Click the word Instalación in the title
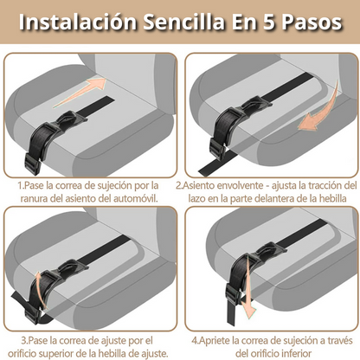[78, 22]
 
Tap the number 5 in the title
[268, 22]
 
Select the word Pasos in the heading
[312, 22]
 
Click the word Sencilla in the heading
[183, 22]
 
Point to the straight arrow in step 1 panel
[80, 93]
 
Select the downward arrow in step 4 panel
[246, 287]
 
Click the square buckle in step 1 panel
[33, 164]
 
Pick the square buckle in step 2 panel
[218, 149]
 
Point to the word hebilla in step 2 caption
[332, 199]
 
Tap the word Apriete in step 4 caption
[215, 341]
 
